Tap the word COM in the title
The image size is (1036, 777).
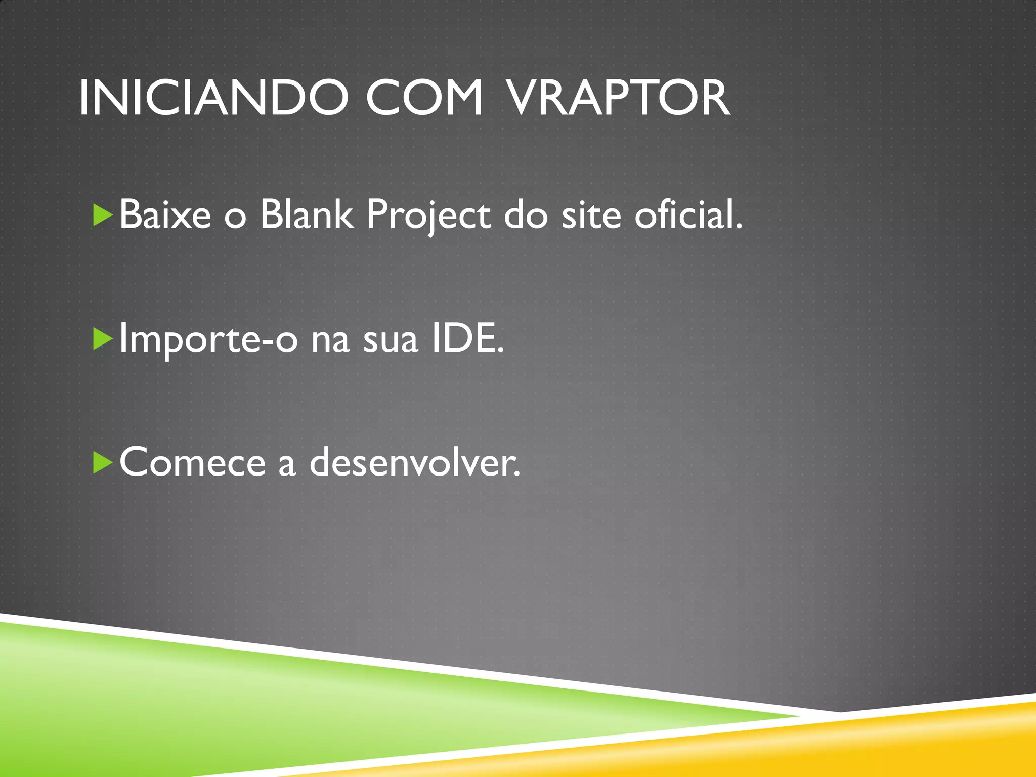pyautogui.click(x=424, y=98)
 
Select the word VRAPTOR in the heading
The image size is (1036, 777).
pyautogui.click(x=618, y=98)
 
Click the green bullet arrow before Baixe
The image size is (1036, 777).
pyautogui.click(x=103, y=215)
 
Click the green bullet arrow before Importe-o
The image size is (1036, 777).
pyautogui.click(x=103, y=339)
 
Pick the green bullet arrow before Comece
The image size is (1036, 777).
pyautogui.click(x=103, y=463)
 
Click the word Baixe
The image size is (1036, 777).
pyautogui.click(x=165, y=215)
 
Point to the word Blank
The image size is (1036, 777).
pyautogui.click(x=306, y=215)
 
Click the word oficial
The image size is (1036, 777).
pyautogui.click(x=688, y=215)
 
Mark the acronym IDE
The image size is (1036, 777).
pyautogui.click(x=466, y=339)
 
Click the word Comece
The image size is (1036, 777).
pyautogui.click(x=192, y=463)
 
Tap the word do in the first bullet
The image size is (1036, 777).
pyautogui.click(x=526, y=215)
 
